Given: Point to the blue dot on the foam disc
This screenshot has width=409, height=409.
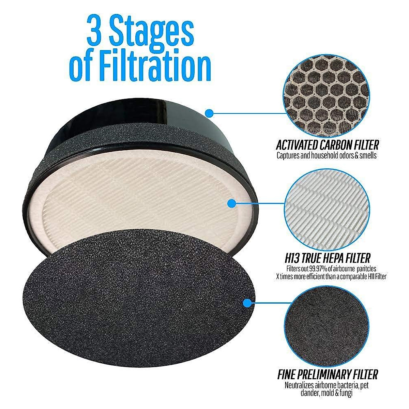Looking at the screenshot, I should tap(248, 303).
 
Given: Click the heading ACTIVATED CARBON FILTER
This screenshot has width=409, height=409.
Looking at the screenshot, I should tap(327, 146).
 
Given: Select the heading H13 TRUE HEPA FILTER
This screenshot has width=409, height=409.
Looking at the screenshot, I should tap(327, 258).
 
